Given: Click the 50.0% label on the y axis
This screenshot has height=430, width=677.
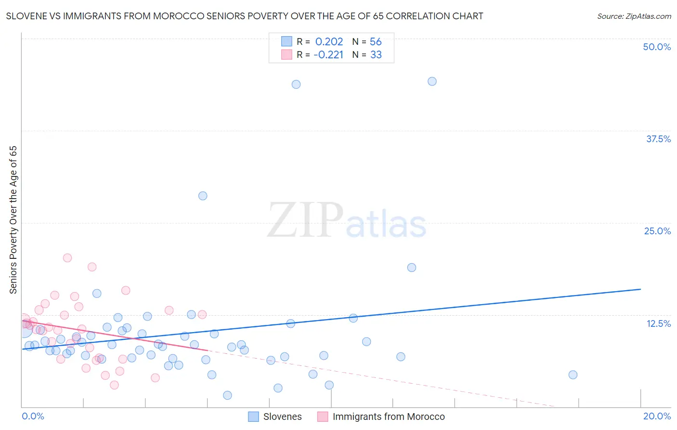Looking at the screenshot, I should click(657, 47).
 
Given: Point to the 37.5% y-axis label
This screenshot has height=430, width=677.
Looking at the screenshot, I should click(658, 139).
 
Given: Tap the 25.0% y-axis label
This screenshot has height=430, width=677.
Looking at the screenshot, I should click(657, 231).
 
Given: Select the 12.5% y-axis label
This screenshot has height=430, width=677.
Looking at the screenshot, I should click(658, 323).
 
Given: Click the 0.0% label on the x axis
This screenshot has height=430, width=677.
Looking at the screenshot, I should click(33, 416).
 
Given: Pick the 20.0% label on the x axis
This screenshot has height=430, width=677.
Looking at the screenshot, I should click(657, 416).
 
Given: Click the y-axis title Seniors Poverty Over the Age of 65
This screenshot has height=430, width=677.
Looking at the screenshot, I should click(13, 220).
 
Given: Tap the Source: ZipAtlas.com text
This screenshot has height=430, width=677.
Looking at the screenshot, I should click(634, 16).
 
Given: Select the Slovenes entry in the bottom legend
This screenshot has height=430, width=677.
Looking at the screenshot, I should click(282, 417).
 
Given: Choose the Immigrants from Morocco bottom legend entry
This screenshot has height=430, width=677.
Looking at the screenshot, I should click(388, 417).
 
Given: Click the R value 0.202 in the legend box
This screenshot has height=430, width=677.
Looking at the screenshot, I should click(329, 41).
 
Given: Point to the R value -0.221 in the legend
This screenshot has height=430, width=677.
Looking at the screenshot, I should click(328, 55).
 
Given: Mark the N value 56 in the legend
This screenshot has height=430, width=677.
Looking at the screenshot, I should click(376, 41).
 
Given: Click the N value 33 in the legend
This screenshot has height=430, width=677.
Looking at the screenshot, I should click(376, 55).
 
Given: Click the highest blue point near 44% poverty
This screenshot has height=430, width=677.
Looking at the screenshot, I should click(432, 81).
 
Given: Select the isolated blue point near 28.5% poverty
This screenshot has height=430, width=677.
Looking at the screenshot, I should click(203, 196).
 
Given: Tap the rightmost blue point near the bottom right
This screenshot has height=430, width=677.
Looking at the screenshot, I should click(573, 375).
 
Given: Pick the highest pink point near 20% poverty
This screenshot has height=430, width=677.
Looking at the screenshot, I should click(67, 258).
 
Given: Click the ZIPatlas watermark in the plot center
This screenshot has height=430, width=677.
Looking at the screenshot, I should click(347, 221).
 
